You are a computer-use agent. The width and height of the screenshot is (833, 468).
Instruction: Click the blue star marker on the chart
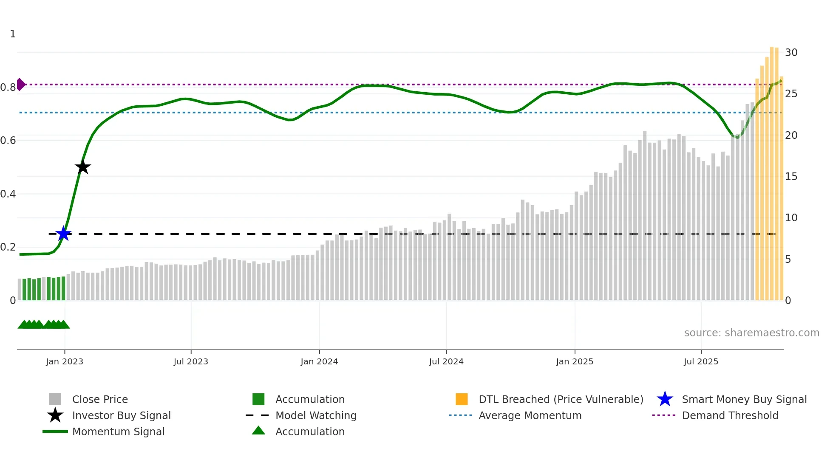63,234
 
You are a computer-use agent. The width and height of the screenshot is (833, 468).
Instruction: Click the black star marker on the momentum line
83,167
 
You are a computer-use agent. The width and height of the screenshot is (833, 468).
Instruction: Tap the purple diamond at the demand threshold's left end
20,85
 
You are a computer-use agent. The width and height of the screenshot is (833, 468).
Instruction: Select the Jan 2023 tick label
65,361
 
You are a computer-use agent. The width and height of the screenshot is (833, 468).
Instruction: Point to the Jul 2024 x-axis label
446,361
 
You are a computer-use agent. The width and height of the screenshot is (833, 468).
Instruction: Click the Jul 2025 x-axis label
701,361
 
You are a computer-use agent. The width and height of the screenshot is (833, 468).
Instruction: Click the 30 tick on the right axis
791,53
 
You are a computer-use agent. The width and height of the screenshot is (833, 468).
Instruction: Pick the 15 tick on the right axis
791,176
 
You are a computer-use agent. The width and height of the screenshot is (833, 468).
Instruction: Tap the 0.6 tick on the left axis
8,141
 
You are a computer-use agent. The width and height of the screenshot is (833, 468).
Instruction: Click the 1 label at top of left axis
13,34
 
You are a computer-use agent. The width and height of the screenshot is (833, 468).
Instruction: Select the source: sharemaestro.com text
751,333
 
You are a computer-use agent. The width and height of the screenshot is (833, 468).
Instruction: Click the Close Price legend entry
100,399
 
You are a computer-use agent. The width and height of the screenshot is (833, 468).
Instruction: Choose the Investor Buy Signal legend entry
121,415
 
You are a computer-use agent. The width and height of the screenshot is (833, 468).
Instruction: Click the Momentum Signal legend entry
118,431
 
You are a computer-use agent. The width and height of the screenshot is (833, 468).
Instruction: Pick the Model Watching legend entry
316,415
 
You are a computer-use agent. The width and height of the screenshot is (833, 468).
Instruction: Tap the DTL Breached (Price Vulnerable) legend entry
561,399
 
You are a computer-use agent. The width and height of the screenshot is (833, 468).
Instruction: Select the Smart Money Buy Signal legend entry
744,399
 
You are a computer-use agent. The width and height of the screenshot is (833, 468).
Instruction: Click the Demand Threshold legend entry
730,415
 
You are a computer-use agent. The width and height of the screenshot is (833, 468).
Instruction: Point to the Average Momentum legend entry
530,415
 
